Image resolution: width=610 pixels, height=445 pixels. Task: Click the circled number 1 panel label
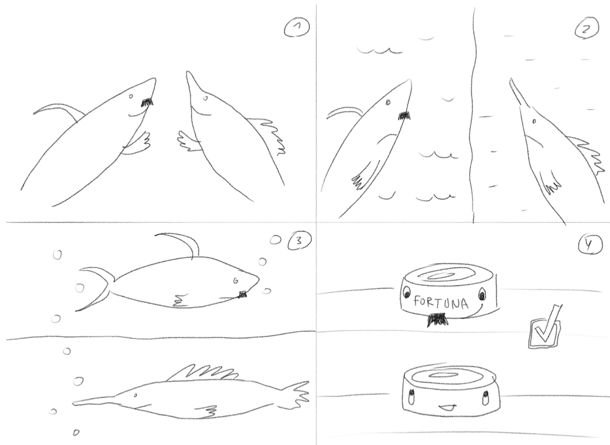[x=297, y=28]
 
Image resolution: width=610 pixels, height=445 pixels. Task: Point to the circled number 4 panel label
[x=590, y=245]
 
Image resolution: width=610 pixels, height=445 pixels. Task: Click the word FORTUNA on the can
[x=441, y=302]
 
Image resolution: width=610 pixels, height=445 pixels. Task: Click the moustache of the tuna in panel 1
[x=147, y=102]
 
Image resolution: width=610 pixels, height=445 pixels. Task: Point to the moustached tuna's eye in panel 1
[x=131, y=96]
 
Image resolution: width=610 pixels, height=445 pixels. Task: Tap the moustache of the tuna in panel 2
[x=404, y=115]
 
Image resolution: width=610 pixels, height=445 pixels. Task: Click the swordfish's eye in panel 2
[x=534, y=122]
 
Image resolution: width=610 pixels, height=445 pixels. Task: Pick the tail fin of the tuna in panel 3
[x=95, y=288]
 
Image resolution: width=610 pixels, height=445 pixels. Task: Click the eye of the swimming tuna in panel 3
[x=236, y=280]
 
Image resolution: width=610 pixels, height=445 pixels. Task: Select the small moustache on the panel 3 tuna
[x=242, y=294]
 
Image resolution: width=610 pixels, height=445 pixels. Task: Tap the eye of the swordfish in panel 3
[x=135, y=395]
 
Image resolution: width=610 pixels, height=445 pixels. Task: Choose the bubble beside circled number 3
[x=275, y=240]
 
